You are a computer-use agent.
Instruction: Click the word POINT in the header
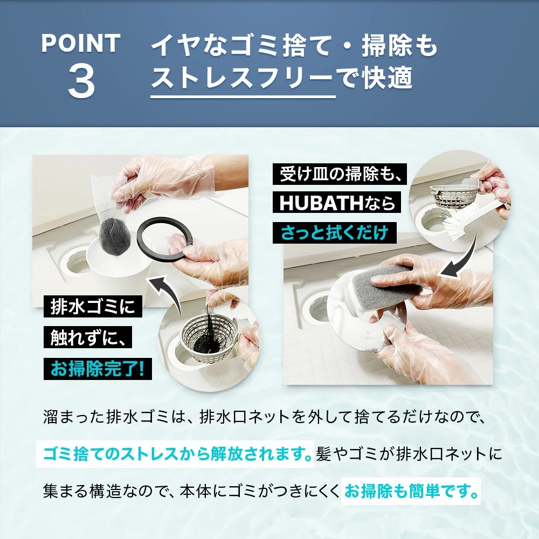point(80,44)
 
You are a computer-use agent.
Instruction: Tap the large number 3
point(81,82)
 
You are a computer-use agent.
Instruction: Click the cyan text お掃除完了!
point(98,369)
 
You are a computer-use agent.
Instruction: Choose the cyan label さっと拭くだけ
point(334,233)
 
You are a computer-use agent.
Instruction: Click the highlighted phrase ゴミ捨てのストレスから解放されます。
point(176,453)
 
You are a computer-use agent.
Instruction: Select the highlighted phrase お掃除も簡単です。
point(411,492)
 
